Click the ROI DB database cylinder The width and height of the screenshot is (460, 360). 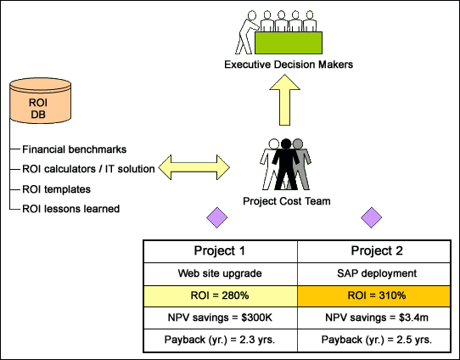tap(40, 101)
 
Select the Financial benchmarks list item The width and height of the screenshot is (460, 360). tap(74, 149)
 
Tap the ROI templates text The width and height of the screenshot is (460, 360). tap(56, 189)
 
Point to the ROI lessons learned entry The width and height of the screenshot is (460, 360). tap(71, 209)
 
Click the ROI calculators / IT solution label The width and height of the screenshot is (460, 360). tap(88, 169)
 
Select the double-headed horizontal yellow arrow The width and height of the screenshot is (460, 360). tap(194, 167)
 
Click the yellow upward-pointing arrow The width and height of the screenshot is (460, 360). tap(284, 100)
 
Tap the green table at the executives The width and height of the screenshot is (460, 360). tap(289, 42)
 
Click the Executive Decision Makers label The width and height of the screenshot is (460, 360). tap(289, 65)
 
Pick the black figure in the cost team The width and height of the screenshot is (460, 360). tap(285, 165)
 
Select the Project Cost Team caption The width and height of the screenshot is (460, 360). tap(287, 201)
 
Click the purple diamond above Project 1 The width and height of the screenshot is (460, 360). tap(216, 217)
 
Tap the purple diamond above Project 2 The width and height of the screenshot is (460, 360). tap(371, 217)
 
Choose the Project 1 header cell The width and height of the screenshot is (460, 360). tap(221, 251)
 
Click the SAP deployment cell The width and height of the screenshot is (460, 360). tap(374, 273)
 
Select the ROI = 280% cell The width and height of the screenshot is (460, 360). tap(221, 295)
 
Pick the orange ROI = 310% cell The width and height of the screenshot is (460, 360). tap(374, 295)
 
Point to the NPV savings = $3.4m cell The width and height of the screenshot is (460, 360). tap(374, 318)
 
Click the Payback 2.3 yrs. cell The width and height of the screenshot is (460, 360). tap(221, 340)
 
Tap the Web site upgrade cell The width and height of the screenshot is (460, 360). tap(221, 273)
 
